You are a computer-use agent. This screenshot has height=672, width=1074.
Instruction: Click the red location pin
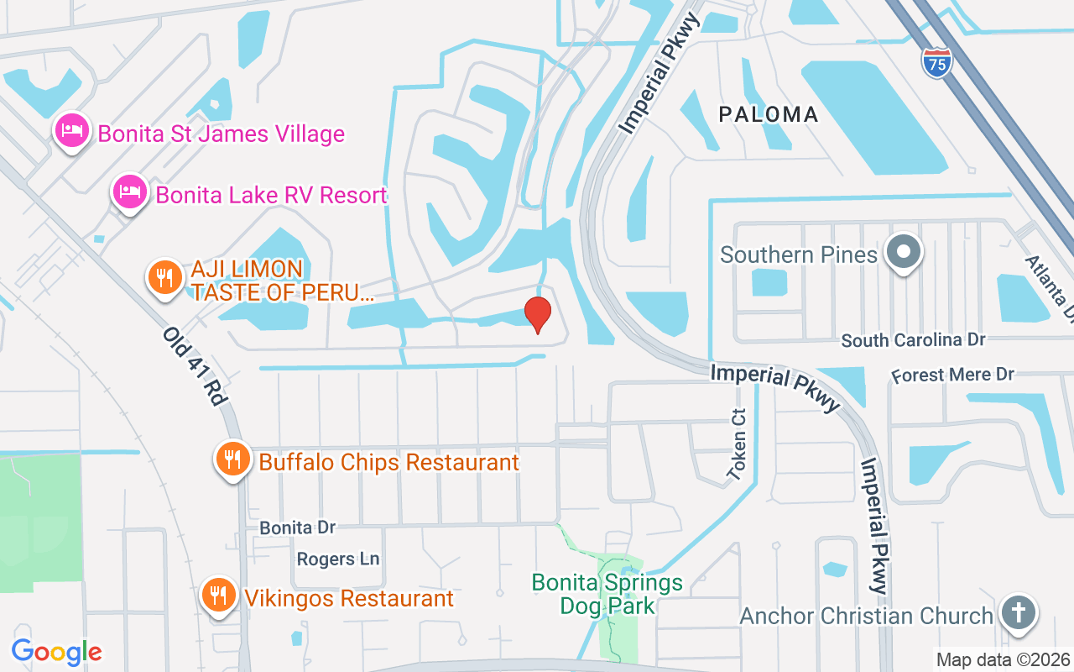538,314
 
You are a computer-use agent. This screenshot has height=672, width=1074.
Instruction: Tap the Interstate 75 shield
936,63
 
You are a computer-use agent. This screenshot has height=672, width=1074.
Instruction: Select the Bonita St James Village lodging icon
72,131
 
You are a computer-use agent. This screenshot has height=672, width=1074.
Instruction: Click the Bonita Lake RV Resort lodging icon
131,192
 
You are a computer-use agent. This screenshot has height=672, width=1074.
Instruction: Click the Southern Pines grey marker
904,252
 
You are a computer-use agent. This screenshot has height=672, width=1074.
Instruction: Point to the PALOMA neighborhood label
769,114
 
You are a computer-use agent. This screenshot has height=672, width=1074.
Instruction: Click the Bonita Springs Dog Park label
607,593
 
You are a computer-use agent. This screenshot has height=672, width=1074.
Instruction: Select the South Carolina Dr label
913,340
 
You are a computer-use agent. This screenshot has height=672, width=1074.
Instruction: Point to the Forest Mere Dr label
952,375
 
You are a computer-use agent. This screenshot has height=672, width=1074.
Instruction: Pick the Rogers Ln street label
338,559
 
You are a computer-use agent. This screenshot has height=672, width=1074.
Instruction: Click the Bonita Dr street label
297,528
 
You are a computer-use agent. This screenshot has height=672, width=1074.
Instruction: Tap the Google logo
56,651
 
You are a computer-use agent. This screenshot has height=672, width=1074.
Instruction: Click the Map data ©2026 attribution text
1003,659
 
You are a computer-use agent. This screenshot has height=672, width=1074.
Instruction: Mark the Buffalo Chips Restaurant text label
389,462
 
